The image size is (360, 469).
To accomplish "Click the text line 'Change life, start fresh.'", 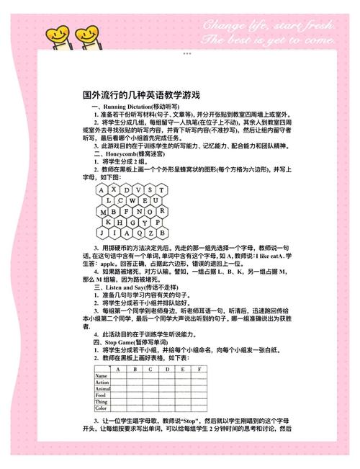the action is click(268, 26).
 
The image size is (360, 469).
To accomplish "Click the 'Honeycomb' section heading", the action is click(127, 153).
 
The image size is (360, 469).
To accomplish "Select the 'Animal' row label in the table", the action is click(102, 389).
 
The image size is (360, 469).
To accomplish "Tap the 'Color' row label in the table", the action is click(100, 408).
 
